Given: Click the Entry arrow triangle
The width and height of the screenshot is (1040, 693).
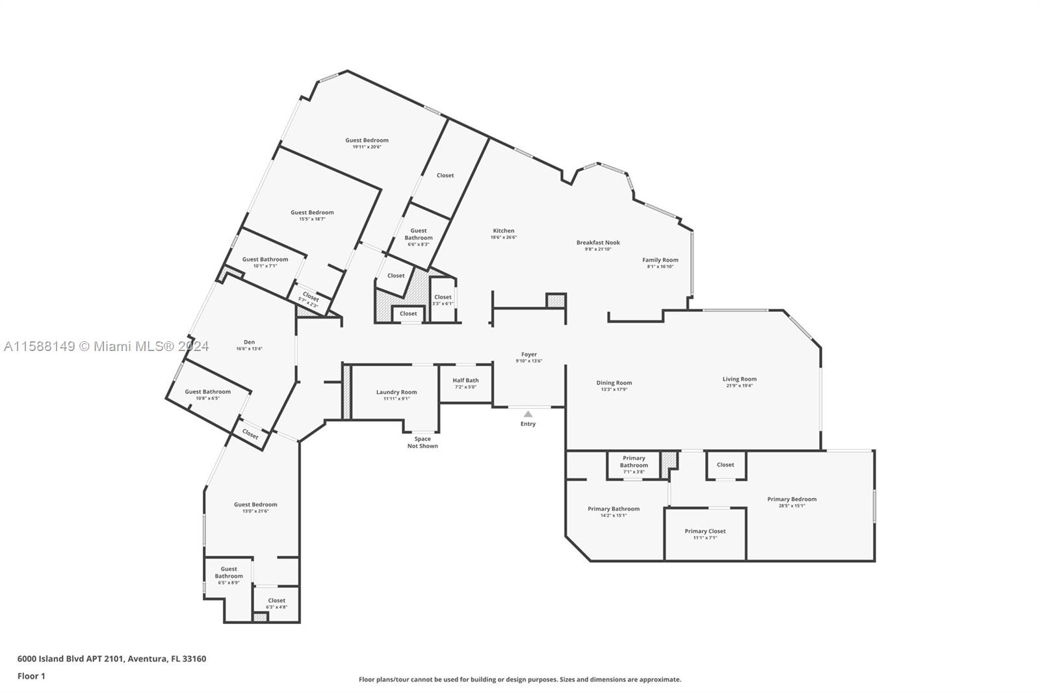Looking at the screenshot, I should [528, 414].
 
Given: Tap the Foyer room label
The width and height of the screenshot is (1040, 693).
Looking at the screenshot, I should [529, 354].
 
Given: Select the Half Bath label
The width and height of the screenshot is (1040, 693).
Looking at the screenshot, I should [465, 380].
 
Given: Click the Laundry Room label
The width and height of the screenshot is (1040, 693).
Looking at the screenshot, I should [396, 392].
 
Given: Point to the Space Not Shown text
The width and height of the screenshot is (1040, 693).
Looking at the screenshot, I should [422, 443].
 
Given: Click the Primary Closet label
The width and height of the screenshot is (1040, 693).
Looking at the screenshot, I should [705, 531].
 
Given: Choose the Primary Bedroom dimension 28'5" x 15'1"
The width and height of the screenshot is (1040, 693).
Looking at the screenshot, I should [792, 506].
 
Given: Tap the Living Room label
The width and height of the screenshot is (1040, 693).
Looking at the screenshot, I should [739, 379].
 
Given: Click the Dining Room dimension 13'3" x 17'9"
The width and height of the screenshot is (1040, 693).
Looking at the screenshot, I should [614, 389].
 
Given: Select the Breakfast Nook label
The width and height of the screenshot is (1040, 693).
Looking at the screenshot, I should [598, 242].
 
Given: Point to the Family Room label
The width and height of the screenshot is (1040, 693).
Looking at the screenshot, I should [660, 260].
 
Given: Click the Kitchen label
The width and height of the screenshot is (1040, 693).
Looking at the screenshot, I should [503, 231].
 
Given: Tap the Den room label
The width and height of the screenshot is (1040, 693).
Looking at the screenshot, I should [249, 342].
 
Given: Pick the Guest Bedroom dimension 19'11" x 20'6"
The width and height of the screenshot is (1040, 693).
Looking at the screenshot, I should [367, 147].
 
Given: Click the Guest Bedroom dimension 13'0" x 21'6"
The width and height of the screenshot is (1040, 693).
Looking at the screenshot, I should [255, 511].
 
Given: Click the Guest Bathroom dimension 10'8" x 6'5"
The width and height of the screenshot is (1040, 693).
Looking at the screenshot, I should [207, 398].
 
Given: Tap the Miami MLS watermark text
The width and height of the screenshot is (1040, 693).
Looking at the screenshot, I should [106, 346].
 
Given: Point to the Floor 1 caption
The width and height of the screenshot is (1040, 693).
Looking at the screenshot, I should [31, 676].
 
